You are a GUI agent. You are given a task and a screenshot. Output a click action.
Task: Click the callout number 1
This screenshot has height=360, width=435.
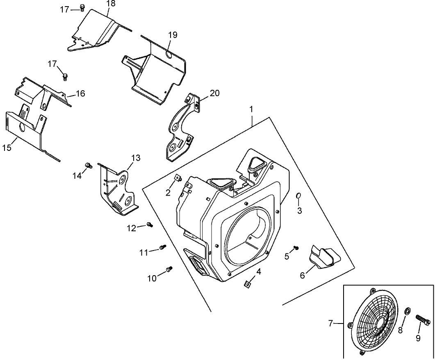pos(251,110)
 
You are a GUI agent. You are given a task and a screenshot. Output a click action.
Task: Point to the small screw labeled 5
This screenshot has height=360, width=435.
pos(296,248)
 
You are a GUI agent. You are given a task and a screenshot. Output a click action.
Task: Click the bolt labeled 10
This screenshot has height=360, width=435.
pos(169,269)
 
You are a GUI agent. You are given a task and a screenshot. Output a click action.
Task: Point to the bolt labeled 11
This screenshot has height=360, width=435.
pos(163,247)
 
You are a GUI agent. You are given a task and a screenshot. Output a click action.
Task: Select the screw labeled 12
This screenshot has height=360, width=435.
pos(150,224)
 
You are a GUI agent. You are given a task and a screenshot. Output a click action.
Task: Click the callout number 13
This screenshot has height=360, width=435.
pos(136,157)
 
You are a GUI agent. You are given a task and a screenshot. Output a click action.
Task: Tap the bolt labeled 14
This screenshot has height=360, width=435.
pos(87,165)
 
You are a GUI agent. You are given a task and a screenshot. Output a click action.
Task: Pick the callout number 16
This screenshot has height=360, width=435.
pos(80,93)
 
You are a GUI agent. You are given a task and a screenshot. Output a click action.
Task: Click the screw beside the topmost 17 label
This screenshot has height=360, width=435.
pos(82,8)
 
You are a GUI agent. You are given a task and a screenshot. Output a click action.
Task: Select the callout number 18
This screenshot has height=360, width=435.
pos(111,4)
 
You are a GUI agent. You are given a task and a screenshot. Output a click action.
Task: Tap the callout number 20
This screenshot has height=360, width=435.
pos(214,93)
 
